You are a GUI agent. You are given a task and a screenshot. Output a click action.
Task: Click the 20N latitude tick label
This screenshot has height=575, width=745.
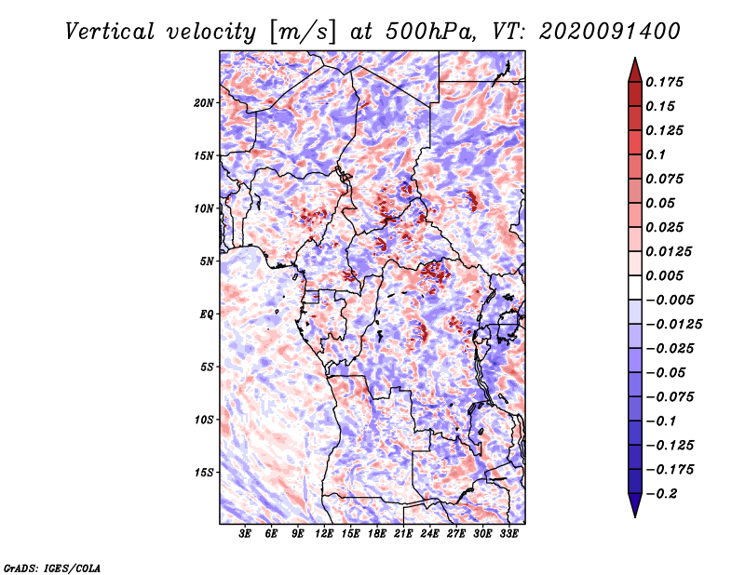click(204, 102)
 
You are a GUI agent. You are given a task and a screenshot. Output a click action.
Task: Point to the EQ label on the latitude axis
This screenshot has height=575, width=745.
click(207, 314)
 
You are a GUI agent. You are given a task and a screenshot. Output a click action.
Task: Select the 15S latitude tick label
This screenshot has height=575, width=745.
click(204, 473)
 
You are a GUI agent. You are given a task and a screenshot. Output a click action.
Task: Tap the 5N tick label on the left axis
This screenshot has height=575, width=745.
click(207, 261)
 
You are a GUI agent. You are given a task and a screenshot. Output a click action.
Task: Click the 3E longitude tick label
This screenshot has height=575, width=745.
click(246, 535)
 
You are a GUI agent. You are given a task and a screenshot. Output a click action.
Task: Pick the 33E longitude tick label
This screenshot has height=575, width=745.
click(509, 535)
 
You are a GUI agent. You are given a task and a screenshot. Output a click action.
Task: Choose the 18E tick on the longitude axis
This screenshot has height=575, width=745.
click(377, 535)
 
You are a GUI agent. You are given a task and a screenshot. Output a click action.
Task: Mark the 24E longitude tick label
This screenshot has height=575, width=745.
click(430, 535)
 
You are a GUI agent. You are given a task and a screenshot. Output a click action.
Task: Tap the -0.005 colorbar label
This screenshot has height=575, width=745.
click(671, 300)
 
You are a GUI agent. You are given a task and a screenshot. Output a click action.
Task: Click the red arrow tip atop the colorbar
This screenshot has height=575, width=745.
click(633, 67)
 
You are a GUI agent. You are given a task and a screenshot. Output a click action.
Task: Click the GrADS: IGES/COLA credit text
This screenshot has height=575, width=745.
click(52, 567)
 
